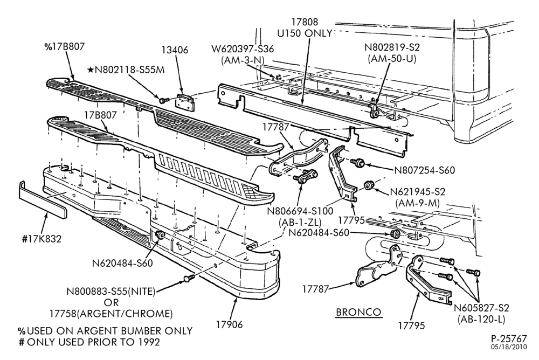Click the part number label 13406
[x=175, y=50]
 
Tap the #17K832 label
[x=42, y=239]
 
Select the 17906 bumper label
[x=229, y=324]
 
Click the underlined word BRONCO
[x=358, y=312]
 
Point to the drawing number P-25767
[x=509, y=338]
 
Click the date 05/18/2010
[x=509, y=347]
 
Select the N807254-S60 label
[x=424, y=170]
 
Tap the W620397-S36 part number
[x=243, y=49]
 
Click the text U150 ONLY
[x=305, y=33]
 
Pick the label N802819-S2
[x=392, y=47]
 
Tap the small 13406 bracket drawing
[x=185, y=102]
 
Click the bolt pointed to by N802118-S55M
[x=163, y=100]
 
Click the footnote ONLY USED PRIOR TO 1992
[x=93, y=342]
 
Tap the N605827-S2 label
[x=481, y=308]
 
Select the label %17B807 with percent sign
[x=64, y=47]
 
